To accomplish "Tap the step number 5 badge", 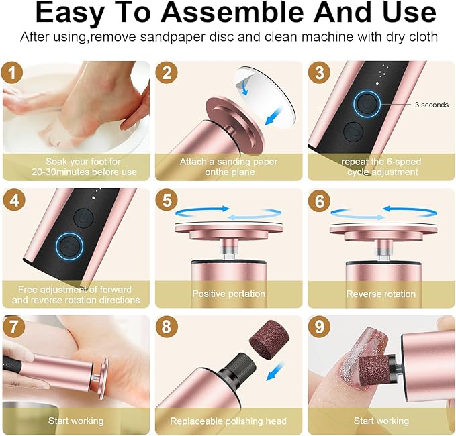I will pyautogui.click(x=167, y=201).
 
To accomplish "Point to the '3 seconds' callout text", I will pyautogui.click(x=431, y=105).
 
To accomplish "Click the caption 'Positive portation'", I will pyautogui.click(x=228, y=294).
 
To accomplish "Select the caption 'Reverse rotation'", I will pyautogui.click(x=380, y=294).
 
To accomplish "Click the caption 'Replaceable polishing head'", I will pyautogui.click(x=228, y=421).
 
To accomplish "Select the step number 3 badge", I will pyautogui.click(x=321, y=72).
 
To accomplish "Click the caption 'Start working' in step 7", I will pyautogui.click(x=75, y=421).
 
